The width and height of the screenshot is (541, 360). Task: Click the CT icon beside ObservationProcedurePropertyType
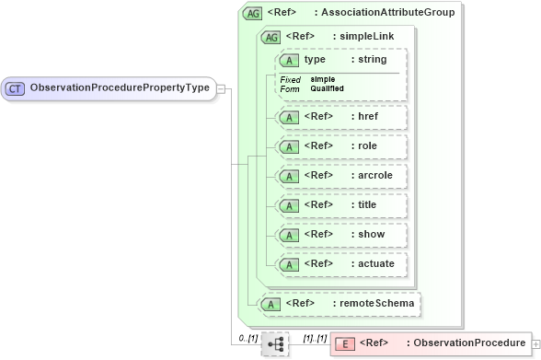16,88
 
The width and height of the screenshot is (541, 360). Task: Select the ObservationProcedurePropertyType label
121,88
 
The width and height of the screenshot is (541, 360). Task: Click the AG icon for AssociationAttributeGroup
251,14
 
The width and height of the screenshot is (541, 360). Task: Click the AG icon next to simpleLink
271,37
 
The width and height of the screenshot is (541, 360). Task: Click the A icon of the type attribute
290,60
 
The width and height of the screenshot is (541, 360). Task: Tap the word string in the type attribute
372,60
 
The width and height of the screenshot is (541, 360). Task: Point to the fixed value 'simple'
323,79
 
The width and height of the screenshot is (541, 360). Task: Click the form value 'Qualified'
327,88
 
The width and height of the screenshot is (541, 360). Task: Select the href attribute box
341,117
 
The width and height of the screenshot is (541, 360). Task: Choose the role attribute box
341,146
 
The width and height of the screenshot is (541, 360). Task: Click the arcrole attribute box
341,176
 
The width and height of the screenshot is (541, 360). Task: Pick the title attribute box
341,205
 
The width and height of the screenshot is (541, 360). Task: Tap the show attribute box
341,235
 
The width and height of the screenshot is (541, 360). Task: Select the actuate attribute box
341,264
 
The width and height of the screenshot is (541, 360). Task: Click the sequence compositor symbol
275,344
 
